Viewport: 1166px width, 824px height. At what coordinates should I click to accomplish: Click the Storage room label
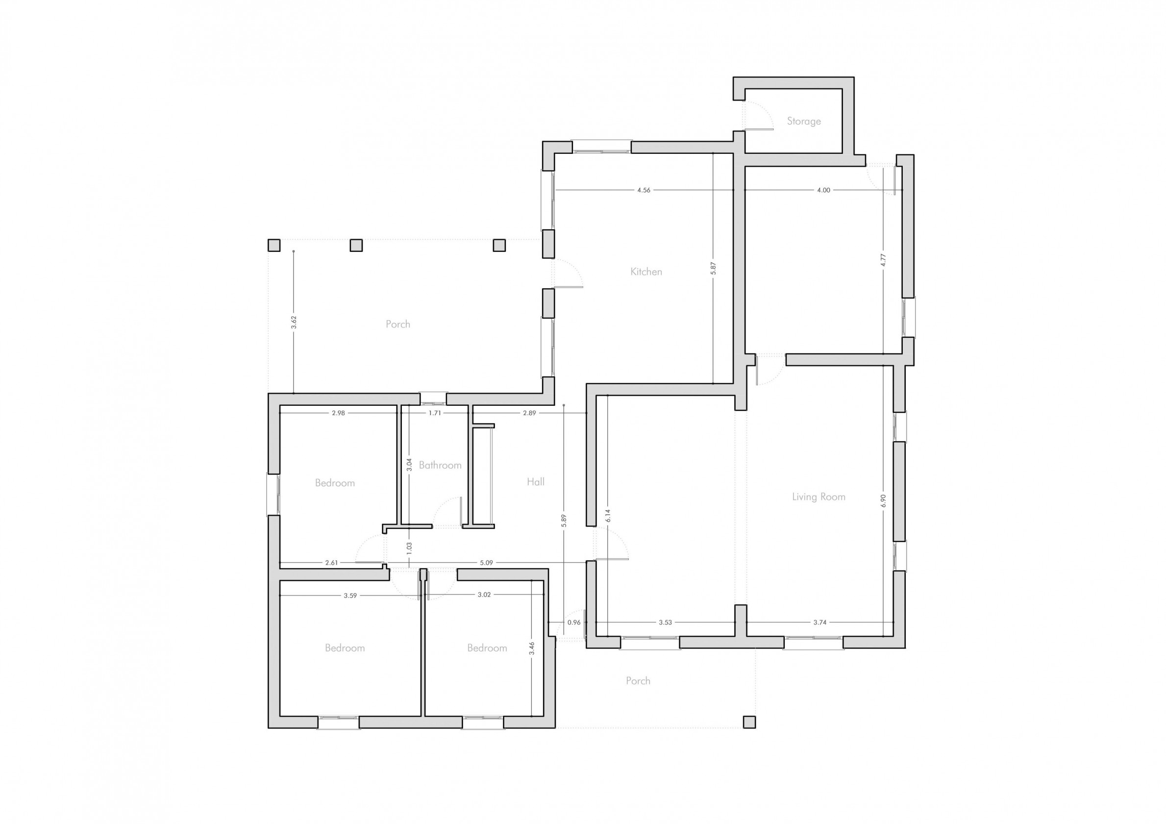pyautogui.click(x=803, y=121)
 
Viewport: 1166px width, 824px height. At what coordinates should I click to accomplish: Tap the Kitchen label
pyautogui.click(x=646, y=272)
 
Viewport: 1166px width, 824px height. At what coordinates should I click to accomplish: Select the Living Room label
pyautogui.click(x=819, y=497)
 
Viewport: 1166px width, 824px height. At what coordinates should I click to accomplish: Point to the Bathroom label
pyautogui.click(x=440, y=465)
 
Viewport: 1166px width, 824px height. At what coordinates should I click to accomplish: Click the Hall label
pyautogui.click(x=535, y=481)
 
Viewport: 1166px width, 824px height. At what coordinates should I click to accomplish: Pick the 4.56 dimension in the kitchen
pyautogui.click(x=644, y=190)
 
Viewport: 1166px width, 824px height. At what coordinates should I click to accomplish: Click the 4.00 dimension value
pyautogui.click(x=823, y=190)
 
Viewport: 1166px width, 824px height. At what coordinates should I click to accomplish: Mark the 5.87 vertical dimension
pyautogui.click(x=713, y=269)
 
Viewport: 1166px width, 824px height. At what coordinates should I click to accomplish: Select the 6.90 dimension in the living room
pyautogui.click(x=883, y=501)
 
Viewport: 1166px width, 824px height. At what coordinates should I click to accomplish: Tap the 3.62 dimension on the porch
pyautogui.click(x=294, y=322)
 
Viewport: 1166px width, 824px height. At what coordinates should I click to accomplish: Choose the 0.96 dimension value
pyautogui.click(x=574, y=623)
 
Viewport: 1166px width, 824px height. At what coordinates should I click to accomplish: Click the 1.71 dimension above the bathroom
pyautogui.click(x=435, y=413)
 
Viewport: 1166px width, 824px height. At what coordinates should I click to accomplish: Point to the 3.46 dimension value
pyautogui.click(x=532, y=648)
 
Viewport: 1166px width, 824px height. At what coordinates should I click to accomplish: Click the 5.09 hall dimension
pyautogui.click(x=486, y=562)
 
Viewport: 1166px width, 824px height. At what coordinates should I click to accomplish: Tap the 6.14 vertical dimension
pyautogui.click(x=608, y=515)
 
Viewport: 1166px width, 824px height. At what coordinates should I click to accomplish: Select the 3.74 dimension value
pyautogui.click(x=819, y=623)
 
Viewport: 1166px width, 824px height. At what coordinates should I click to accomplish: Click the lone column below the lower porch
pyautogui.click(x=749, y=722)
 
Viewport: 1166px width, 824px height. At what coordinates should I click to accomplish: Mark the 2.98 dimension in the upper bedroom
pyautogui.click(x=338, y=413)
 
